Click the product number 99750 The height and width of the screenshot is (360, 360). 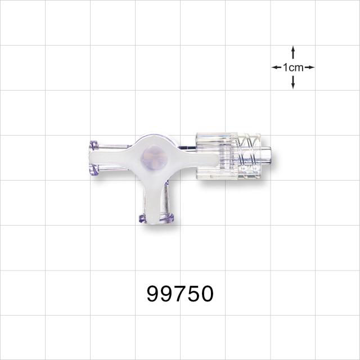point(180,294)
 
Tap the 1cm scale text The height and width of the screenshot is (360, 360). point(293,67)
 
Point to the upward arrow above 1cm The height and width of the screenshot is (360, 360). point(293,52)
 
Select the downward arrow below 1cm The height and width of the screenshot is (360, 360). point(293,83)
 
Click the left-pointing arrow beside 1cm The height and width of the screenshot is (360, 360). point(276,67)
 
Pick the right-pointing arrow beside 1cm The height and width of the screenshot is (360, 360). point(309,67)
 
